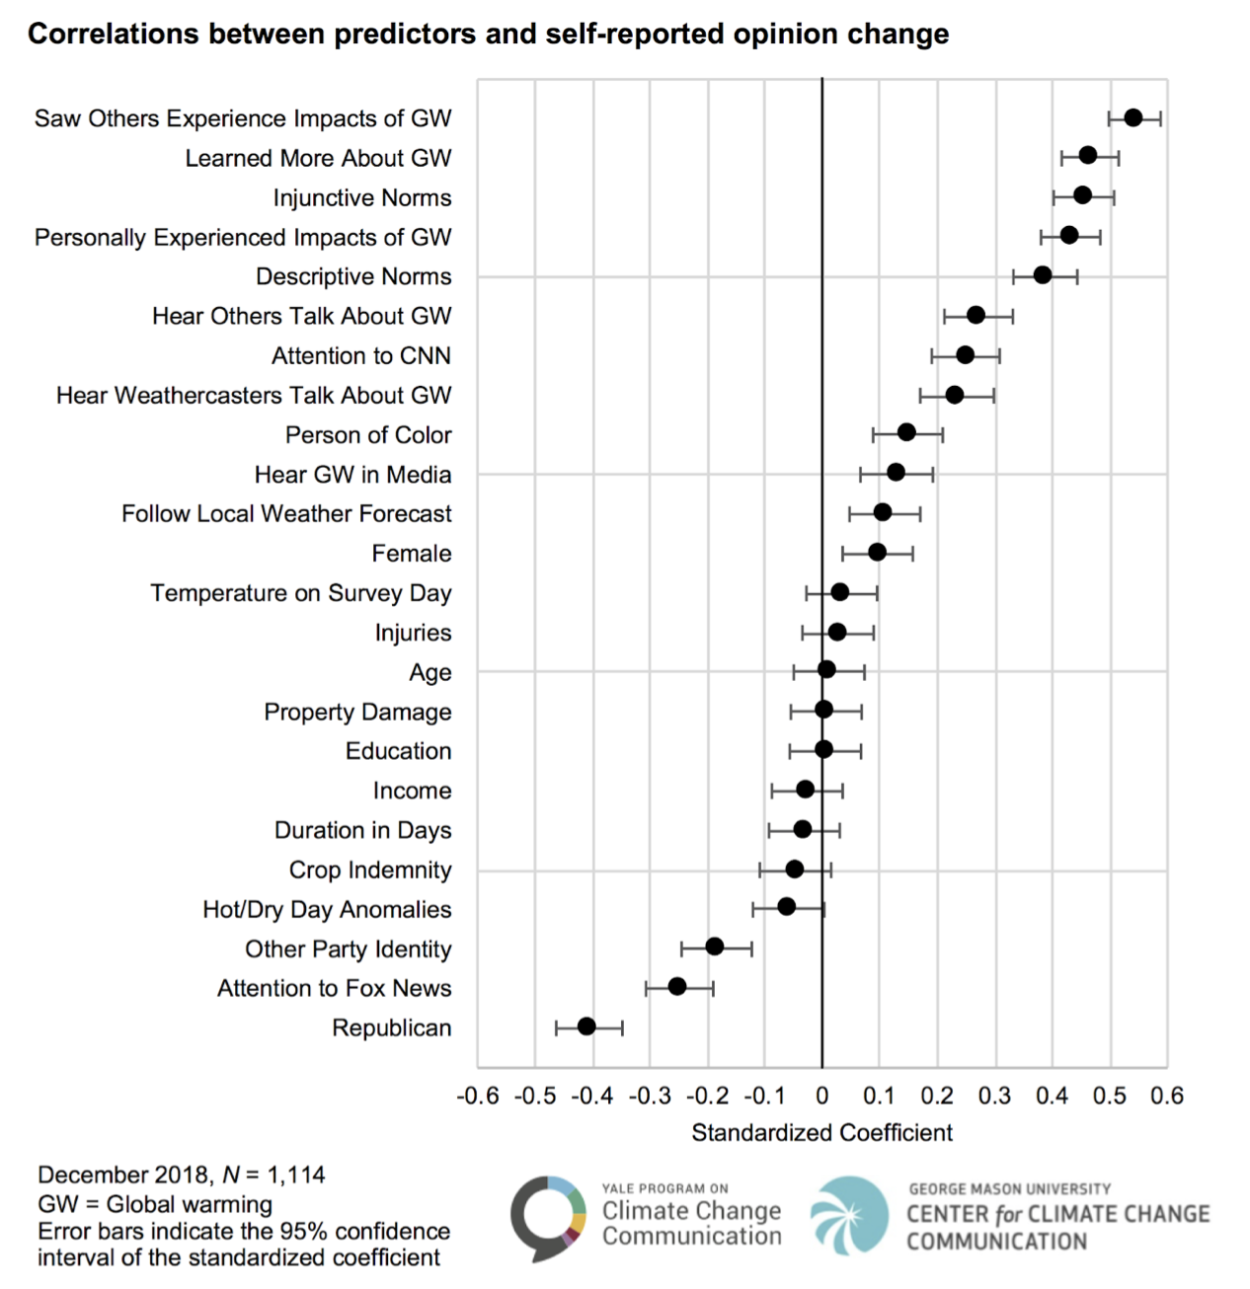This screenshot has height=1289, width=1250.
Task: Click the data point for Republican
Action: tap(586, 1026)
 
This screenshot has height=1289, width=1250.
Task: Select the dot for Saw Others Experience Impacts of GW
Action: tap(1133, 118)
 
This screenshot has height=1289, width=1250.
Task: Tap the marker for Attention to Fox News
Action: tap(677, 986)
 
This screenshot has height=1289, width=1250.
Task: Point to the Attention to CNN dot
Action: tap(966, 355)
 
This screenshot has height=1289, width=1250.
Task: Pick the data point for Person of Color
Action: tap(906, 433)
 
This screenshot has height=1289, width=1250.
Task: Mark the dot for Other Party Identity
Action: tap(715, 947)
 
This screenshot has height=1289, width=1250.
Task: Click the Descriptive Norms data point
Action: tap(1043, 275)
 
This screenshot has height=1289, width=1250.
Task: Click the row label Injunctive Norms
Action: tap(362, 198)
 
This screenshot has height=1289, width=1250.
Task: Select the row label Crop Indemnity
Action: tap(370, 871)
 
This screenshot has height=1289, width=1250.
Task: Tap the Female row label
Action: tap(412, 554)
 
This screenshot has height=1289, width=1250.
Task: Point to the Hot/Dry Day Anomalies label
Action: tap(327, 910)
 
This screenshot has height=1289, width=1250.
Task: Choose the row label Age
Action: tap(430, 673)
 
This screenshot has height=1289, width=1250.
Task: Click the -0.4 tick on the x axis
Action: tap(591, 1097)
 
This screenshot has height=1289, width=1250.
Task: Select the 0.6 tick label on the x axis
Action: tap(1166, 1097)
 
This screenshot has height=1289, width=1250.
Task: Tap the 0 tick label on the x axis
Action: tap(821, 1097)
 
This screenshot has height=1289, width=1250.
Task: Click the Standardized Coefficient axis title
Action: tap(821, 1133)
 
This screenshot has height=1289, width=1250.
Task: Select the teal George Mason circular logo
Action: tap(849, 1215)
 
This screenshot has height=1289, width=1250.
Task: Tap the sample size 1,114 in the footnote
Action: tap(295, 1175)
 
